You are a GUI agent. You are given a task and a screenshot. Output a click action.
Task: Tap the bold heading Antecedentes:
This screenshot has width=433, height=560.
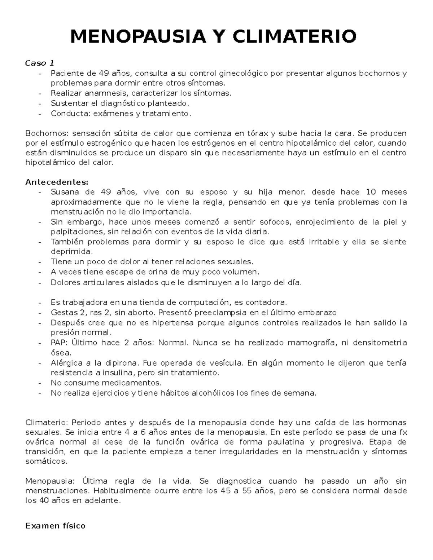(x=57, y=182)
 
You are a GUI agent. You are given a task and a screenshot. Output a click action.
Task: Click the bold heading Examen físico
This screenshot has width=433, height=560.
(x=56, y=526)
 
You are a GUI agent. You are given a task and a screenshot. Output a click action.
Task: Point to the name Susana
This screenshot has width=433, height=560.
(x=64, y=192)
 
